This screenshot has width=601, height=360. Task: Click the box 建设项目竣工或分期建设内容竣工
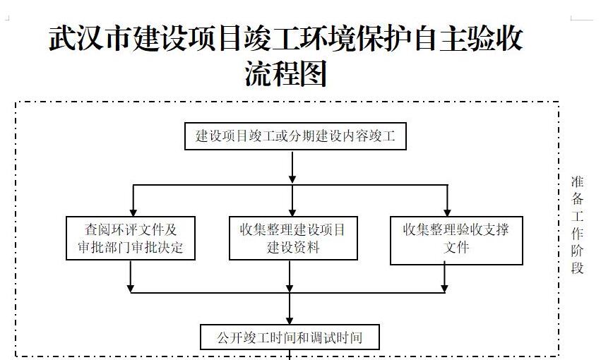tap(295, 136)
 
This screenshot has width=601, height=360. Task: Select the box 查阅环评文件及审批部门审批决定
tap(131, 238)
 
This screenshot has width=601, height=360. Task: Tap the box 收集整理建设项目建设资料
tap(293, 238)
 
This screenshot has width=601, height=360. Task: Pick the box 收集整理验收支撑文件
tap(456, 241)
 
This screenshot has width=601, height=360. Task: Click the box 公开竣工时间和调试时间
tap(290, 337)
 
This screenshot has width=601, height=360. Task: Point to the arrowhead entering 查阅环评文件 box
tap(133, 212)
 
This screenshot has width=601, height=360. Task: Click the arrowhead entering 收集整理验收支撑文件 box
tap(447, 212)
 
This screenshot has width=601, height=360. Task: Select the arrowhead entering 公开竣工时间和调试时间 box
tap(290, 321)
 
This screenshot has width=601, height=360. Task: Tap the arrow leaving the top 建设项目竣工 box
tap(292, 167)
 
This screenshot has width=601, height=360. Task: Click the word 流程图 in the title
tap(286, 73)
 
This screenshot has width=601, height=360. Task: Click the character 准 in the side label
tap(577, 181)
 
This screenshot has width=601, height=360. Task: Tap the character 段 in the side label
tap(577, 268)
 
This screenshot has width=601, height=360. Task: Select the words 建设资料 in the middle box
tap(293, 247)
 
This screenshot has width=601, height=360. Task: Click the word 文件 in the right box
tap(456, 247)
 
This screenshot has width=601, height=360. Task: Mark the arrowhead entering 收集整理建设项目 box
tap(292, 212)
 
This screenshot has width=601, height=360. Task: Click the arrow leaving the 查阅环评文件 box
tap(131, 276)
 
